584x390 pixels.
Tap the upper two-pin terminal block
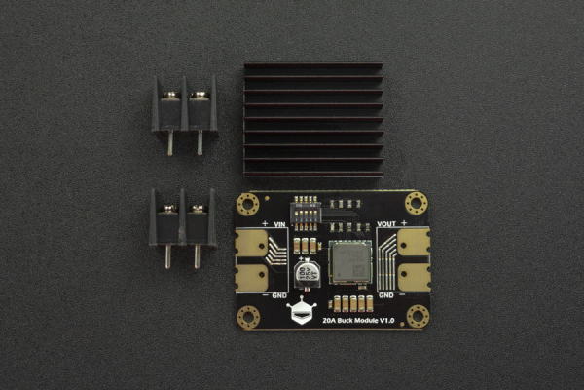click(184, 107)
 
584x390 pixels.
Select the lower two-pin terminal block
click(182, 218)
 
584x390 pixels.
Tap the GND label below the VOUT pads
click(385, 293)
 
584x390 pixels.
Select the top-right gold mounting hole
click(417, 203)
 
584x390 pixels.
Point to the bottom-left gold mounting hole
click(248, 316)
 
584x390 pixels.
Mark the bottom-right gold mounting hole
click(418, 316)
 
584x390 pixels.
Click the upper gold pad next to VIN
click(252, 242)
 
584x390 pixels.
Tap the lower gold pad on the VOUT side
click(413, 275)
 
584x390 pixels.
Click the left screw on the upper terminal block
click(170, 95)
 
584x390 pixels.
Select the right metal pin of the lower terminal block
click(197, 255)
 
